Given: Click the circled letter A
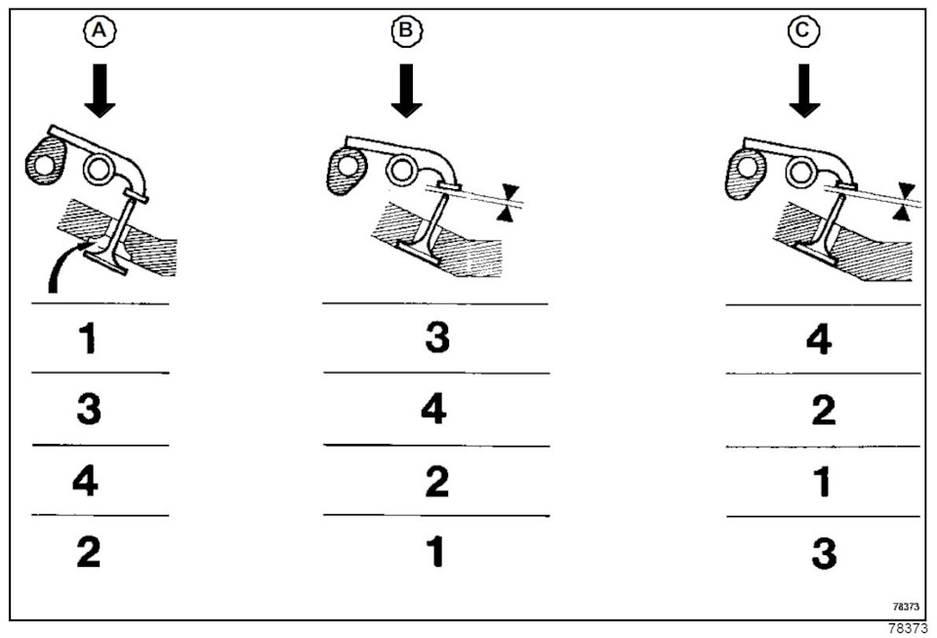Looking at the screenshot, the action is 99,32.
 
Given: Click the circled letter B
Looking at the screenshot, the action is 407,32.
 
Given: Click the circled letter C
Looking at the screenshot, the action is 804,32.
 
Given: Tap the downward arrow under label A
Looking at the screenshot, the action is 99,91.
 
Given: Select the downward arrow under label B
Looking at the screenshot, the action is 407,91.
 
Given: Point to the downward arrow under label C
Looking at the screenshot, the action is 804,91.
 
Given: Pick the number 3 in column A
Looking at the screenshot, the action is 89,410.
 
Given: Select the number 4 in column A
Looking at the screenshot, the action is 86,481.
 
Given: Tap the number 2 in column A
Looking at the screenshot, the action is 88,552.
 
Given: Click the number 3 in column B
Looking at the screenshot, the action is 436,339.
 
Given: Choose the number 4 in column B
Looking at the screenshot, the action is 433,410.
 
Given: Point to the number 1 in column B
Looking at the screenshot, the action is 436,552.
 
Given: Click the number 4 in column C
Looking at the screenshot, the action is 820,339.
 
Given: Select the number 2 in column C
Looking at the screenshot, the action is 823,411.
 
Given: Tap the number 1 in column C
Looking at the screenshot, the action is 823,482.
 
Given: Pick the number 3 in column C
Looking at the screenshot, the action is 823,553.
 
